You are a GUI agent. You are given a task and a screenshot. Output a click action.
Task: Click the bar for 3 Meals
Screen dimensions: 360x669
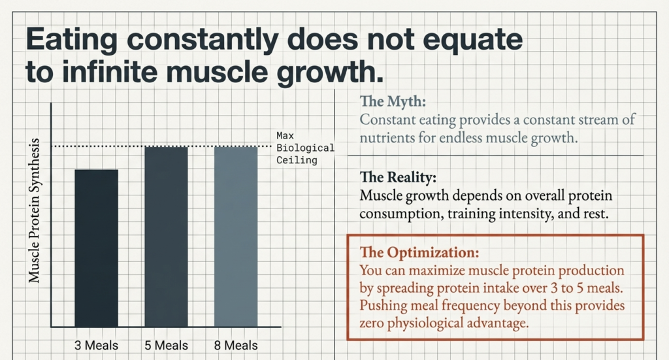point(96,248)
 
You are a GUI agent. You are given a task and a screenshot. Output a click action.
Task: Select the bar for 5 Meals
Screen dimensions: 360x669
point(166,237)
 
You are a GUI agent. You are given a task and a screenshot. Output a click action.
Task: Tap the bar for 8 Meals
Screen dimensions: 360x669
point(236,237)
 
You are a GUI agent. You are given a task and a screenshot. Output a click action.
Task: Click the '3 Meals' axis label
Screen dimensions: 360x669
point(96,345)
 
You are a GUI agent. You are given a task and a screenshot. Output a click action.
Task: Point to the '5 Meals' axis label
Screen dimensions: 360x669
point(166,345)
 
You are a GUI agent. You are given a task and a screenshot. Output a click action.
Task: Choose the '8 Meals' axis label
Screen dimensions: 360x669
point(236,345)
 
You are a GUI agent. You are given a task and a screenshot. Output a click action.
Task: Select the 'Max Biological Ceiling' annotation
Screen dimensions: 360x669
point(304,148)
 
